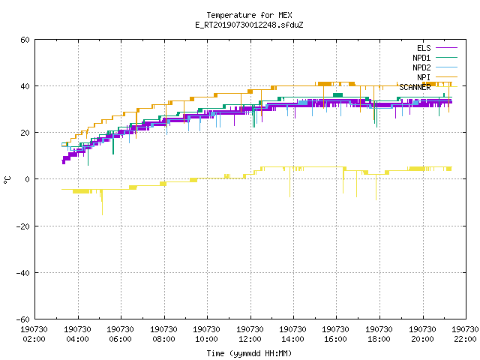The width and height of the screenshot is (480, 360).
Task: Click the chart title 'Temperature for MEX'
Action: click(x=249, y=15)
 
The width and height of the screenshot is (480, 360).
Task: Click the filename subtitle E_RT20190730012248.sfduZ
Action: click(x=249, y=25)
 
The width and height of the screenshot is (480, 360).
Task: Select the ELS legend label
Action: click(x=424, y=48)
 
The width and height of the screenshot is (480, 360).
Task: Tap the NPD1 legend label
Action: click(x=421, y=58)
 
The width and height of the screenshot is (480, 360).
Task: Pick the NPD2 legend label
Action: click(x=421, y=67)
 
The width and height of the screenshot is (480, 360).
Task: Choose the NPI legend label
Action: click(x=424, y=77)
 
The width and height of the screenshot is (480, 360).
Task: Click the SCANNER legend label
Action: click(x=415, y=87)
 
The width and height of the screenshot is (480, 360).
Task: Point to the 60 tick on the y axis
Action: click(x=25, y=40)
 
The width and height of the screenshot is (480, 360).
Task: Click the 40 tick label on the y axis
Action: click(x=25, y=86)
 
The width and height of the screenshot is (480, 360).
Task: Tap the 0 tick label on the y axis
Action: click(x=27, y=179)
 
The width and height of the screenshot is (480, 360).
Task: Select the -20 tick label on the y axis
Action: click(x=23, y=226)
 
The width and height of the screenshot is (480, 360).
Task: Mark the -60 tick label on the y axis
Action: click(x=23, y=319)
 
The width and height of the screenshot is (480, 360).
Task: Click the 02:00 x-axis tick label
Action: click(x=34, y=339)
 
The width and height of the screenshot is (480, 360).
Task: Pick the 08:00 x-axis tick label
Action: click(x=163, y=339)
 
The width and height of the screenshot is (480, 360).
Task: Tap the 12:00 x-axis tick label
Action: click(x=250, y=339)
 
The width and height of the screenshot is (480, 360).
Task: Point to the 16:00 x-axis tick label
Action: click(x=335, y=339)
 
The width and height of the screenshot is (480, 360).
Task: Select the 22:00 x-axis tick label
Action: click(x=465, y=339)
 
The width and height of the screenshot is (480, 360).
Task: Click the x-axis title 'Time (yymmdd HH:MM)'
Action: click(x=249, y=353)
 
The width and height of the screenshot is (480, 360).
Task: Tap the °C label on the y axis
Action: click(x=7, y=180)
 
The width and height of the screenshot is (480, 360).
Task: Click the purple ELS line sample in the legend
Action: click(x=447, y=48)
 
